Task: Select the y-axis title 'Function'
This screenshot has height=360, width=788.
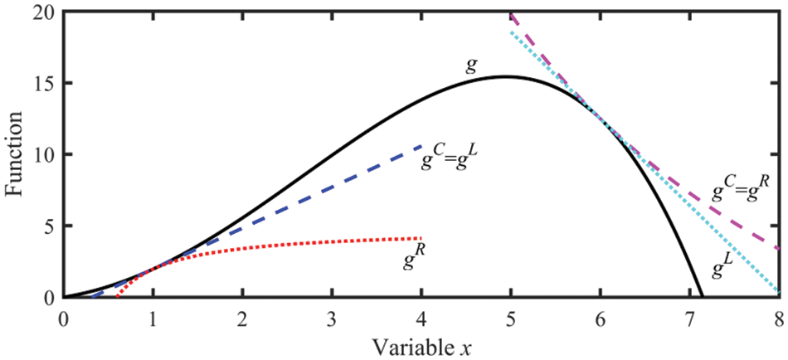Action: (15, 154)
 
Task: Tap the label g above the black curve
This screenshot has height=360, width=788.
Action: (470, 66)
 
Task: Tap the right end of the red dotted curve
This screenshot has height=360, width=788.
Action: (421, 239)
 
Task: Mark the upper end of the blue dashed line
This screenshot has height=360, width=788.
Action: (421, 146)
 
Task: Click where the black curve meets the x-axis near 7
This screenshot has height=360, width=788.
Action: (703, 296)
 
